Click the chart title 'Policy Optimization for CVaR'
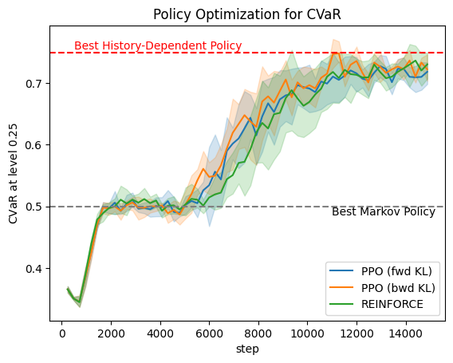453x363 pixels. (x=247, y=14)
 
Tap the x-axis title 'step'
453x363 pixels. (x=247, y=349)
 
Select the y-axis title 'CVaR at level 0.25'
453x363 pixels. (x=13, y=174)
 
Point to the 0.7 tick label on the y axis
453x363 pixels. (x=34, y=84)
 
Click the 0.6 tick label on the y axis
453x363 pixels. (x=34, y=145)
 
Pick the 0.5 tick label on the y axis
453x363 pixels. (x=34, y=207)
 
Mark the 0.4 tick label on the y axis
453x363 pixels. (x=34, y=269)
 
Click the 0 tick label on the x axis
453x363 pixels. (x=62, y=333)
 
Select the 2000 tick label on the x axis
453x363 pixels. (x=111, y=333)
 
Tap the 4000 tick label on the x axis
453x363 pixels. (x=160, y=333)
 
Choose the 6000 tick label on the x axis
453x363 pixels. (x=209, y=333)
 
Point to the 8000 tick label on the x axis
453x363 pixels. (x=258, y=333)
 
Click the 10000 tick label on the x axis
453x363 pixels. (x=307, y=333)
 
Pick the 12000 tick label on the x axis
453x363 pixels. (x=356, y=333)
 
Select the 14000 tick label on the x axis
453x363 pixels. (x=406, y=333)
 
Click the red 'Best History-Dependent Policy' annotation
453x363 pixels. (x=158, y=45)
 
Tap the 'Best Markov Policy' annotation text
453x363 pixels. (x=384, y=211)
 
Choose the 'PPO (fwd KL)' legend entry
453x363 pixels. (x=380, y=271)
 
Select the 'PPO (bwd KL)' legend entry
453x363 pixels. (x=382, y=287)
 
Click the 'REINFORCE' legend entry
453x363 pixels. (x=376, y=304)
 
